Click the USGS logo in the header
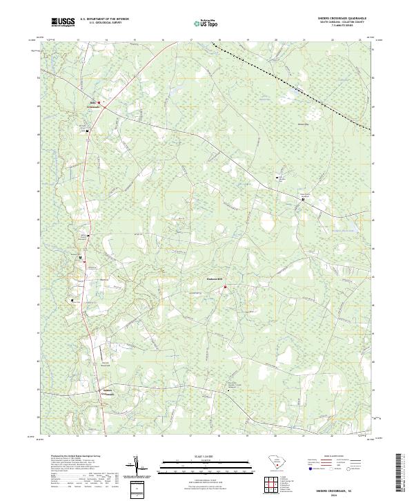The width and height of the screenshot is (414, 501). click(x=63, y=22)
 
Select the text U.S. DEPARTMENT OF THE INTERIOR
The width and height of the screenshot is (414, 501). click(x=104, y=20)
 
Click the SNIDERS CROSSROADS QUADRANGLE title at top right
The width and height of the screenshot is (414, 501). click(x=342, y=19)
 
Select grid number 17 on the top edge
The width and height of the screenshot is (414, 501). click(x=190, y=41)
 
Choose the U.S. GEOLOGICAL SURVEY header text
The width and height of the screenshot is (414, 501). click(x=104, y=24)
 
